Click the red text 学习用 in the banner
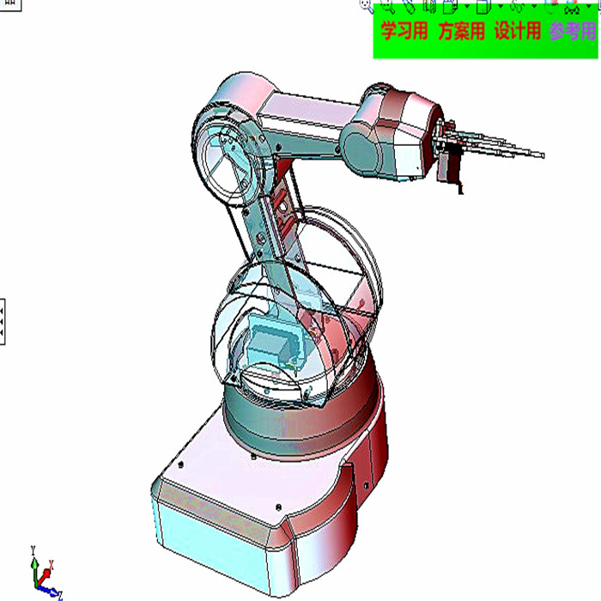(x=404, y=33)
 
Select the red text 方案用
(x=461, y=33)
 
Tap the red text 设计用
(x=518, y=33)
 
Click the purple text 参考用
(x=573, y=33)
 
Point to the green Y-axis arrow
(x=34, y=566)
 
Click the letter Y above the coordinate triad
(x=33, y=549)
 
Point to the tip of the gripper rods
(x=541, y=155)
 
